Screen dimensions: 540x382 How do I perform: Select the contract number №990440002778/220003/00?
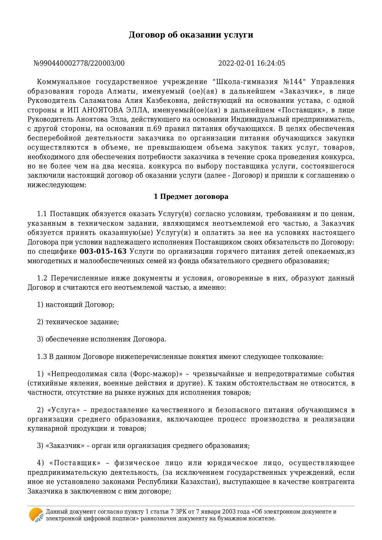79,63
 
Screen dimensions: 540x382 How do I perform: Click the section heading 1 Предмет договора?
191,197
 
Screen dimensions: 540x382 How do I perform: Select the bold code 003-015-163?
103,252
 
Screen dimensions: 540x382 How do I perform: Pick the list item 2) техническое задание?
78,322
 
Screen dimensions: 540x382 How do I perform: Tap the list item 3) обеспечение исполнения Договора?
102,339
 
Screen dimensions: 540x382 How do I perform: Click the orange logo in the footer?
36,515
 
